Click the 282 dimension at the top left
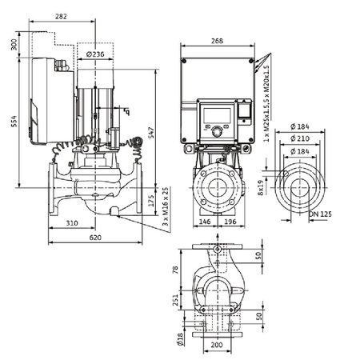click(60, 17)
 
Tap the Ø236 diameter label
click(95, 54)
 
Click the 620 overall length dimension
click(95, 238)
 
